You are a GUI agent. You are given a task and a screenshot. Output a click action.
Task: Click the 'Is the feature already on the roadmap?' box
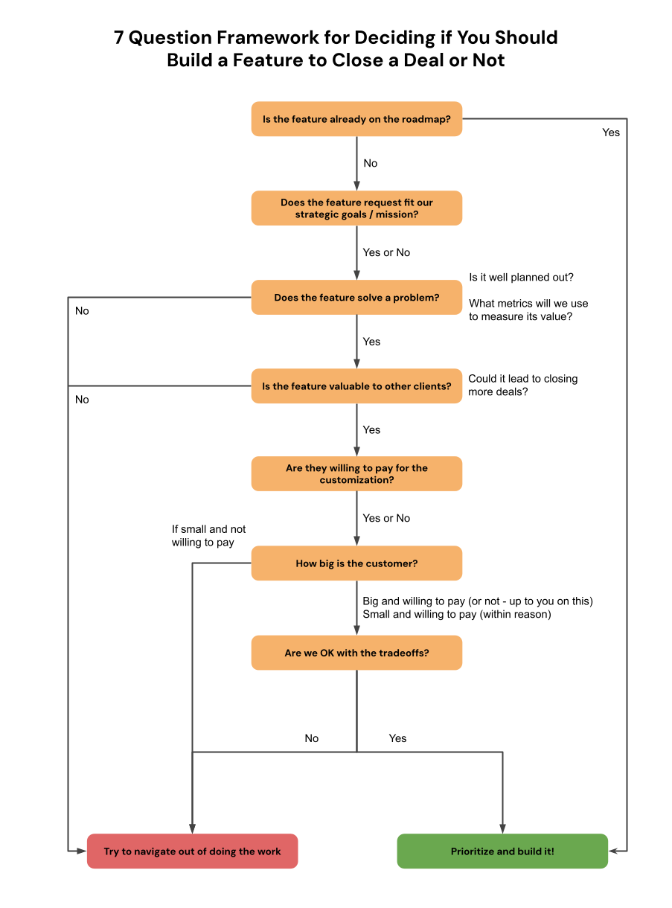(356, 119)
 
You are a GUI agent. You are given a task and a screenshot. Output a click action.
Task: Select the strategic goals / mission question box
(356, 208)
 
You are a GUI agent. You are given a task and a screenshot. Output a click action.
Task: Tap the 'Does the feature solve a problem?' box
(356, 298)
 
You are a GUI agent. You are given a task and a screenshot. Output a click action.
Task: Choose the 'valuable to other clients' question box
(356, 386)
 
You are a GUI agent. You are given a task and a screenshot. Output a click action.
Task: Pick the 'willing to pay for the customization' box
(356, 474)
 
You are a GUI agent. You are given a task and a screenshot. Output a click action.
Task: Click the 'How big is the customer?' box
(356, 563)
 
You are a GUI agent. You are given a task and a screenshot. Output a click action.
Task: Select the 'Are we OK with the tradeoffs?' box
(356, 653)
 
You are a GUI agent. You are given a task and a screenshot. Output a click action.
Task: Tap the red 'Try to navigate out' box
(192, 851)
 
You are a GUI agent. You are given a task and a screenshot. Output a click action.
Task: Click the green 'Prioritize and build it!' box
(502, 851)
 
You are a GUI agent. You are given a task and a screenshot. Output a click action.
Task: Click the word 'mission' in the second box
(397, 215)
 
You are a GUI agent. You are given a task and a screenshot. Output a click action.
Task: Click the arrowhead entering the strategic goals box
(356, 185)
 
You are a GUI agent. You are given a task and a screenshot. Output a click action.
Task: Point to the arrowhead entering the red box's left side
(81, 850)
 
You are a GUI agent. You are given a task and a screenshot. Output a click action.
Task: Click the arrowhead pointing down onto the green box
(502, 828)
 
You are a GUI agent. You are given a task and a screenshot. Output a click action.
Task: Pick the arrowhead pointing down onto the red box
(192, 828)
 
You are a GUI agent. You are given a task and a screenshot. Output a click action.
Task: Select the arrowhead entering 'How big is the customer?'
(356, 540)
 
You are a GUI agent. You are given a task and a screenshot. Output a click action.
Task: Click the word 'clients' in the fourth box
(431, 386)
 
